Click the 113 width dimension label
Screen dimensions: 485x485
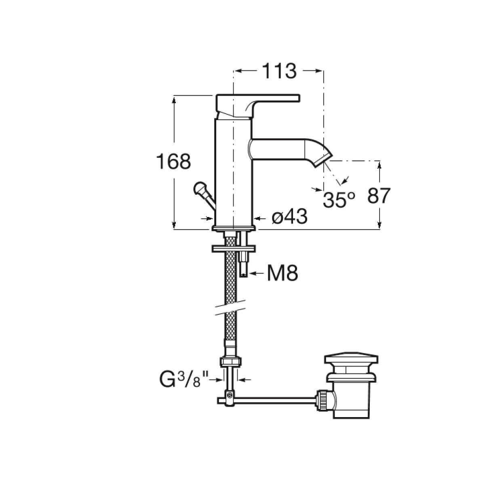point(279,71)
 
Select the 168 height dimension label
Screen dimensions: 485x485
point(174,161)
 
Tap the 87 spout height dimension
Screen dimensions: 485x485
point(379,195)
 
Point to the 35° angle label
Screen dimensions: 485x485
point(339,200)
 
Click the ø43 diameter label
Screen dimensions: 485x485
point(289,216)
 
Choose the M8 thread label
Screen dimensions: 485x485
point(283,274)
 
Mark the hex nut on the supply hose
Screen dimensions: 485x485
point(230,361)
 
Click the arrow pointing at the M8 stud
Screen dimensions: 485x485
point(257,273)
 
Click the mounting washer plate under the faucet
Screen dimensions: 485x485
point(234,249)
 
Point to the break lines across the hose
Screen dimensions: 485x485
point(231,307)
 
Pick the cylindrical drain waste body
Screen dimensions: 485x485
point(351,400)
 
